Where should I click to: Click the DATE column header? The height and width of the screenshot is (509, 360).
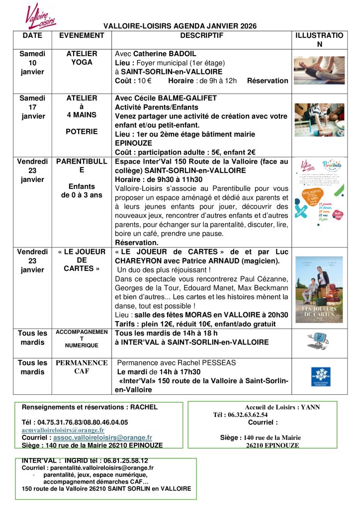pyautogui.click(x=32, y=36)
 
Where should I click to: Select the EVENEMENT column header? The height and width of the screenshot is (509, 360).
pyautogui.click(x=82, y=36)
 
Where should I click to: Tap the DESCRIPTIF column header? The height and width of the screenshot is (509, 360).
pyautogui.click(x=201, y=36)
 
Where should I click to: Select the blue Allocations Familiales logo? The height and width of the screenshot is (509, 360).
pyautogui.click(x=320, y=376)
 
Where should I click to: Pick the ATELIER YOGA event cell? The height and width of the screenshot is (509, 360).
pyautogui.click(x=82, y=58)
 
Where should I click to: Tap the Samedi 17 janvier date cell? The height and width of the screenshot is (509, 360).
pyautogui.click(x=32, y=107)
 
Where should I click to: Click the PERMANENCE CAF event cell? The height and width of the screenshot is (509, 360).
pyautogui.click(x=82, y=367)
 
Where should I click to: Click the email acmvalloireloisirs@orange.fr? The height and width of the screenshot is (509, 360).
pyautogui.click(x=63, y=430)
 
